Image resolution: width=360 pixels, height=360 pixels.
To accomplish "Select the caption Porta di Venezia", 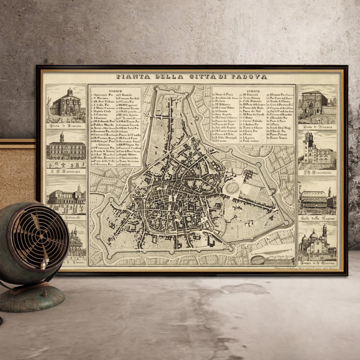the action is click(x=66, y=126).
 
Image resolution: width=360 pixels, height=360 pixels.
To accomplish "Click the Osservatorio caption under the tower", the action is click(x=317, y=173).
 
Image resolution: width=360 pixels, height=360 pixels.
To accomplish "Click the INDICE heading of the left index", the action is click(x=115, y=91).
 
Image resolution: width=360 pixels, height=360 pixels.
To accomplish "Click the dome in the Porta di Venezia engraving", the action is click(x=70, y=92).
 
